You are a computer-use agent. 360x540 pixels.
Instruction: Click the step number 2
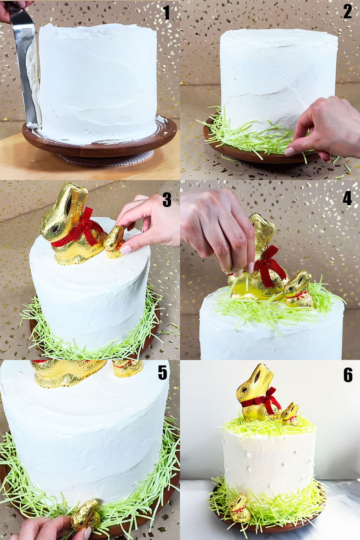tap(347, 12)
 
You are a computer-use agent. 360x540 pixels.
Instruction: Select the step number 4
tap(347, 199)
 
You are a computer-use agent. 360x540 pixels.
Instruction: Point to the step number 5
tap(162, 373)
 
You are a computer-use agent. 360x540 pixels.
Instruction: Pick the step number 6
tap(348, 375)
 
